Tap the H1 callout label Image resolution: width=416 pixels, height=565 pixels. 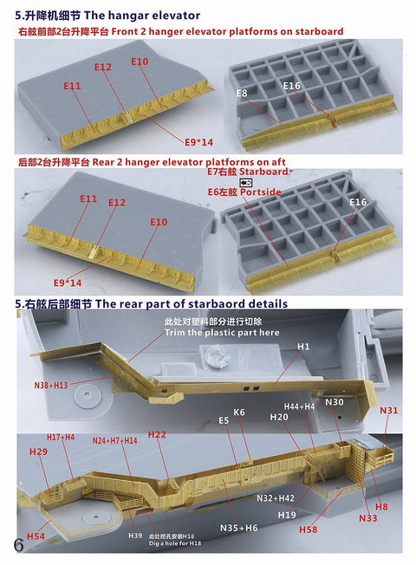click(x=303, y=347)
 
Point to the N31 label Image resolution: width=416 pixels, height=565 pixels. click(x=389, y=410)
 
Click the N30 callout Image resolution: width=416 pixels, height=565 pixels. click(x=335, y=402)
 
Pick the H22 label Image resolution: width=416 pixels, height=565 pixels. click(x=158, y=434)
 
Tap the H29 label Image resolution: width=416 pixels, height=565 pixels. click(x=38, y=451)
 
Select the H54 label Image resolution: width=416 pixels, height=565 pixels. click(x=36, y=536)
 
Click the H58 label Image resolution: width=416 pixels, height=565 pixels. click(x=308, y=529)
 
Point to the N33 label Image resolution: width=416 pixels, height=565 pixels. click(x=368, y=518)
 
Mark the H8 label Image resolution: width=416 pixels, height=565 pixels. click(x=381, y=506)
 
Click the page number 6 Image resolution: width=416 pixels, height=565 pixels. click(x=18, y=545)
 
